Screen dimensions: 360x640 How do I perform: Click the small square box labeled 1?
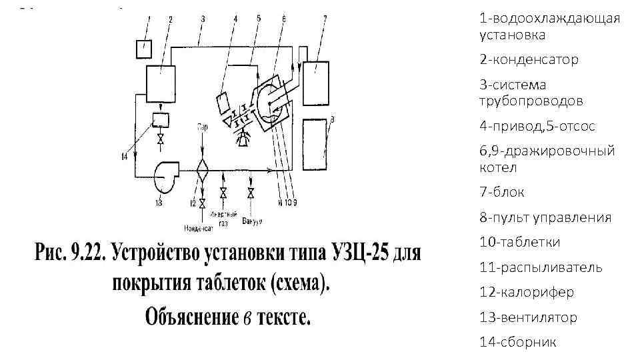click(x=143, y=49)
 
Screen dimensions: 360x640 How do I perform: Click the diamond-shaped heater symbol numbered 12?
click(x=201, y=171)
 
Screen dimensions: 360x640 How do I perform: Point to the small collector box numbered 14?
click(x=160, y=120)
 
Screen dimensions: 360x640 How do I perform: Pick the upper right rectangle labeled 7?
click(x=317, y=81)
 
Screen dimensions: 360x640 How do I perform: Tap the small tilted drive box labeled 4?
click(x=223, y=104)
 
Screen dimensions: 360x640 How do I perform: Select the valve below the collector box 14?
click(x=160, y=139)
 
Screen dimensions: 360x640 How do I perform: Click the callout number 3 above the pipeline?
click(x=202, y=20)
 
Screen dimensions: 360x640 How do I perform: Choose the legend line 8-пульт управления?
click(x=545, y=217)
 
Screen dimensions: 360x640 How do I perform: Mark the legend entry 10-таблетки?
click(x=519, y=242)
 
